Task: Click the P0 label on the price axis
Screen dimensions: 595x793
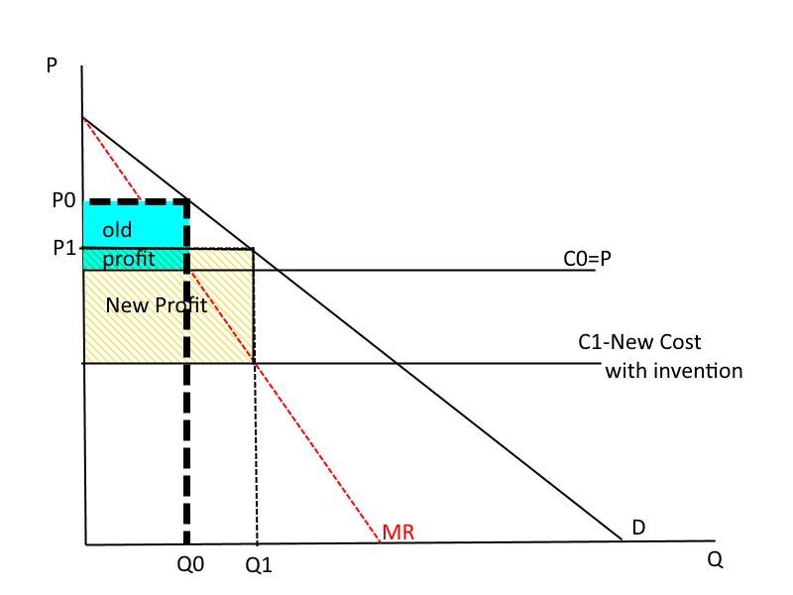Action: [x=62, y=201]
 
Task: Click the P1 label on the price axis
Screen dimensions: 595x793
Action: [x=64, y=248]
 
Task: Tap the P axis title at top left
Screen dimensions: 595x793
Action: [x=52, y=66]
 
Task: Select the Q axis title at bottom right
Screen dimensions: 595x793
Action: [x=715, y=559]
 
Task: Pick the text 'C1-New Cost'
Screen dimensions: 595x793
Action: [x=639, y=342]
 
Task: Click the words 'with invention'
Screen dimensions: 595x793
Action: [x=674, y=371]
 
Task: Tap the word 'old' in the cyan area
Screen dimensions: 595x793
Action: [x=118, y=231]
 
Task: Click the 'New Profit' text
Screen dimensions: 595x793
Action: [x=156, y=305]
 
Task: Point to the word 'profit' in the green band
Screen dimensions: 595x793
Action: [x=129, y=261]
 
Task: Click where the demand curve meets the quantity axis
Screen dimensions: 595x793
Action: [x=623, y=541]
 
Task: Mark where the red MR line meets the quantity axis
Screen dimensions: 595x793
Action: [x=381, y=542]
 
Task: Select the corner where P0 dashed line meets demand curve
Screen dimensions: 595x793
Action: [x=187, y=202]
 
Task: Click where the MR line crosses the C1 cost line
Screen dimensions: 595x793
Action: [x=257, y=363]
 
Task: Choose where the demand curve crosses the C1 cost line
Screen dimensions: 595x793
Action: [x=397, y=363]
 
